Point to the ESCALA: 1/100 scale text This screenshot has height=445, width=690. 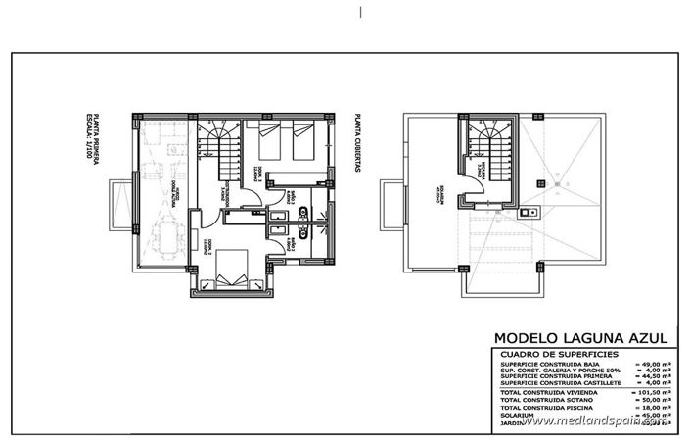pyautogui.click(x=87, y=141)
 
